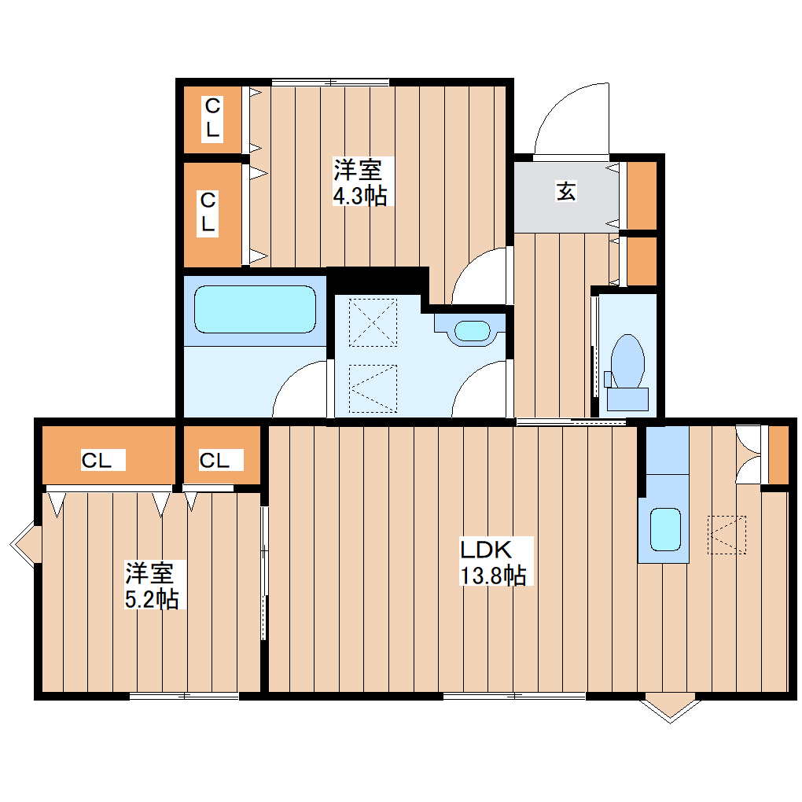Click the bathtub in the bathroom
(255, 309)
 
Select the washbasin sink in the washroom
(472, 330)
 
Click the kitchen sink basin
(665, 528)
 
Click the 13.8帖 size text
(494, 576)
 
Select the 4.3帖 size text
(360, 195)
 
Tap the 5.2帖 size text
(152, 599)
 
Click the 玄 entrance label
(566, 191)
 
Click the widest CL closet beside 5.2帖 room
(97, 461)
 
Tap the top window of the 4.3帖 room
(330, 82)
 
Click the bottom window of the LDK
(514, 695)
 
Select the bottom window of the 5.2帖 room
(185, 695)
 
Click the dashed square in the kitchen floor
(727, 535)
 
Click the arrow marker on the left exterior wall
(24, 543)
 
